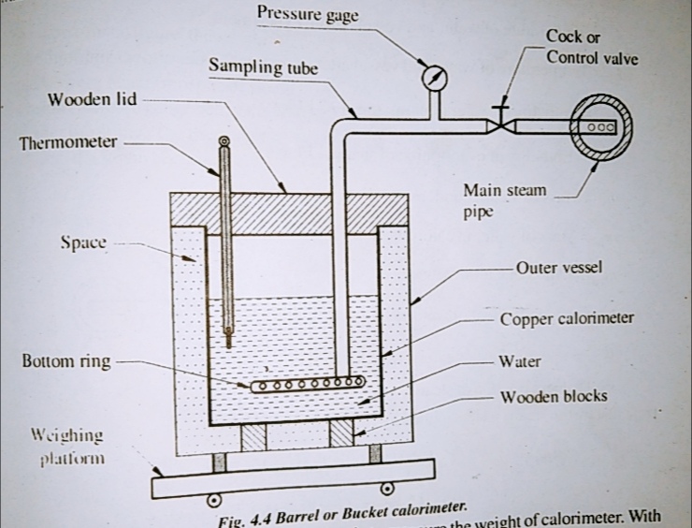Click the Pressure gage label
(x=307, y=14)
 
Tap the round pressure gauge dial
(x=434, y=78)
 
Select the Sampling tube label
(x=263, y=67)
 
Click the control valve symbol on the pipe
(x=502, y=124)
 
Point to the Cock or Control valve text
(x=591, y=47)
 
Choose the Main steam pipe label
(x=505, y=200)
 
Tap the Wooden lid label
(x=92, y=100)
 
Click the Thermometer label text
(x=68, y=143)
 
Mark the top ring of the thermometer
(x=223, y=142)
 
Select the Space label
(x=83, y=242)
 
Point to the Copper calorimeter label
(x=567, y=318)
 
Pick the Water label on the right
(x=520, y=360)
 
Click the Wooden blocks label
(x=554, y=396)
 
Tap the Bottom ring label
(x=65, y=361)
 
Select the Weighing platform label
(x=67, y=447)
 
